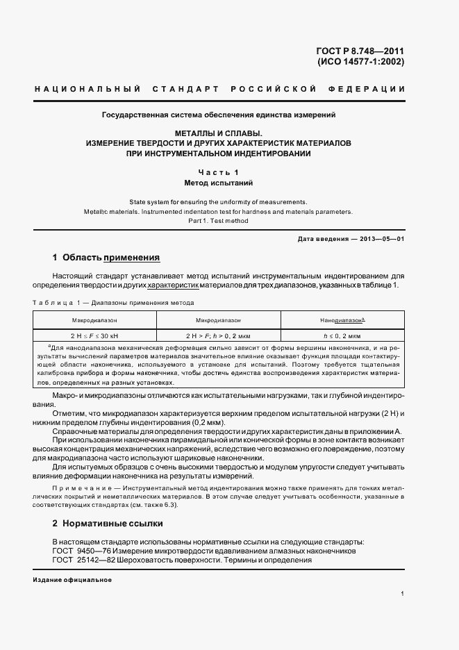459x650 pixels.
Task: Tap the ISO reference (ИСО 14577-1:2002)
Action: (x=360, y=62)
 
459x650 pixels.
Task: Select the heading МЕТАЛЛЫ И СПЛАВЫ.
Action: (x=218, y=132)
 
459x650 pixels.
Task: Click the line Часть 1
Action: (x=218, y=172)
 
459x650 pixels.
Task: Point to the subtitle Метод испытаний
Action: (x=218, y=183)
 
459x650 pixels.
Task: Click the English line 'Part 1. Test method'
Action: (x=218, y=221)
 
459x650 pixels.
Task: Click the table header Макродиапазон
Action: (x=94, y=321)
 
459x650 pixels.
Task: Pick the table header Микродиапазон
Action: (x=218, y=321)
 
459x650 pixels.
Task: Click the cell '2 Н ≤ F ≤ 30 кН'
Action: (x=94, y=335)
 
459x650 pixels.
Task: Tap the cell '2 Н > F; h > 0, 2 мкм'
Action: (x=218, y=335)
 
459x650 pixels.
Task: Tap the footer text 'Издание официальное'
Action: (x=72, y=580)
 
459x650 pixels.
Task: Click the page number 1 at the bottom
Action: (x=402, y=594)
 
